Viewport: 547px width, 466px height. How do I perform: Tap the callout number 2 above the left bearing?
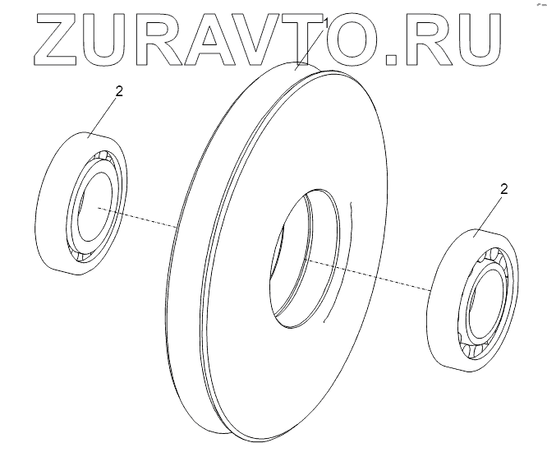pyautogui.click(x=119, y=92)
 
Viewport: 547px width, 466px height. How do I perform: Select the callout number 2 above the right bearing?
pyautogui.click(x=504, y=189)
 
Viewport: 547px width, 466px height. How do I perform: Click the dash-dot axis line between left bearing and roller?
pyautogui.click(x=140, y=218)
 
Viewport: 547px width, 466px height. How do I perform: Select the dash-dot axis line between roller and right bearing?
pyautogui.click(x=386, y=279)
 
